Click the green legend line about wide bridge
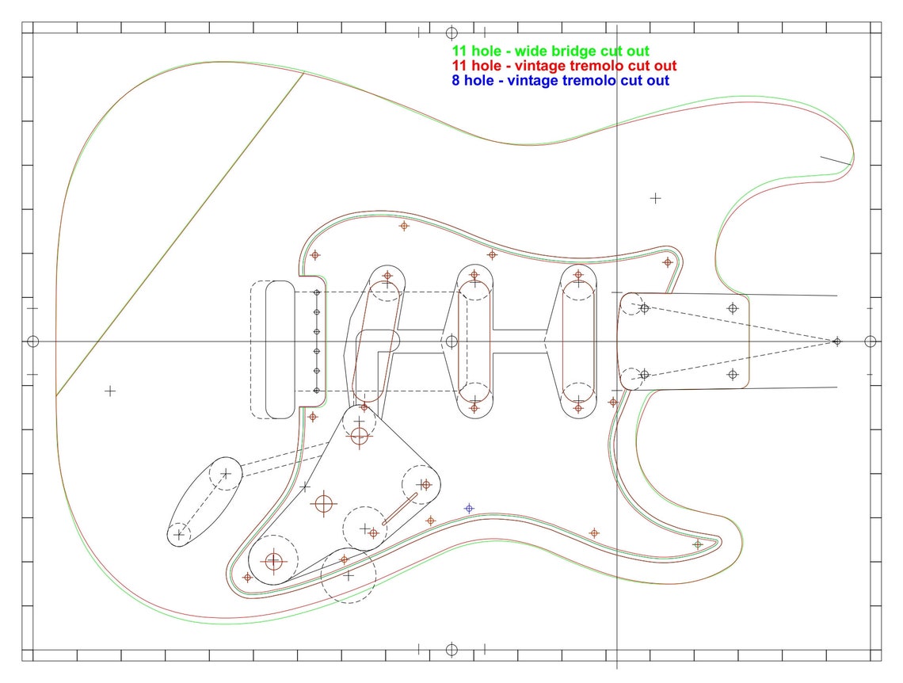(x=549, y=52)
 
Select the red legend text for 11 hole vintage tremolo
(x=562, y=66)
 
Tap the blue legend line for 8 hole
(x=559, y=80)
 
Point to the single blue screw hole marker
(x=469, y=507)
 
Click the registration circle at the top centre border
(x=451, y=32)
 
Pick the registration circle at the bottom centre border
(x=451, y=650)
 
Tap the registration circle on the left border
(x=32, y=341)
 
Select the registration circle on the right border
(x=870, y=341)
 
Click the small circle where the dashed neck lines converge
(x=836, y=341)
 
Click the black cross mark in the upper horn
(x=655, y=197)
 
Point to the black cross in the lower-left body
(x=110, y=391)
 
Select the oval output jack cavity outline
(x=204, y=501)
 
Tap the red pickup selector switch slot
(x=400, y=509)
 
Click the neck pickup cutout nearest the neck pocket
(x=578, y=341)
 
